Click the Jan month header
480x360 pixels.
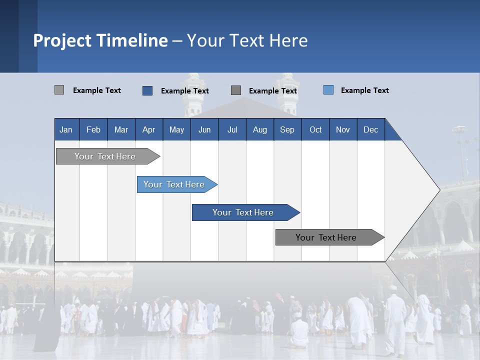pos(66,129)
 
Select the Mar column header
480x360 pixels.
pos(121,129)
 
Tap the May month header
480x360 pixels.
pos(176,129)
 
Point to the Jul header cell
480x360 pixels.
pos(232,129)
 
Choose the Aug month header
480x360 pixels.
pos(259,129)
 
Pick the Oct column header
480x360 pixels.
pos(315,129)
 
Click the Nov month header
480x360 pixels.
pos(342,129)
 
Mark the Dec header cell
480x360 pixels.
pos(370,129)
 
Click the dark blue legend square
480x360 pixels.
pos(147,90)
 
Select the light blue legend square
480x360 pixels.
pos(328,90)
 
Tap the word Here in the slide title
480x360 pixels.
pos(288,40)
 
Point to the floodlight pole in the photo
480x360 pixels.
pos(459,150)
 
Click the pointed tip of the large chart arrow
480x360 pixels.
pos(439,189)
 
